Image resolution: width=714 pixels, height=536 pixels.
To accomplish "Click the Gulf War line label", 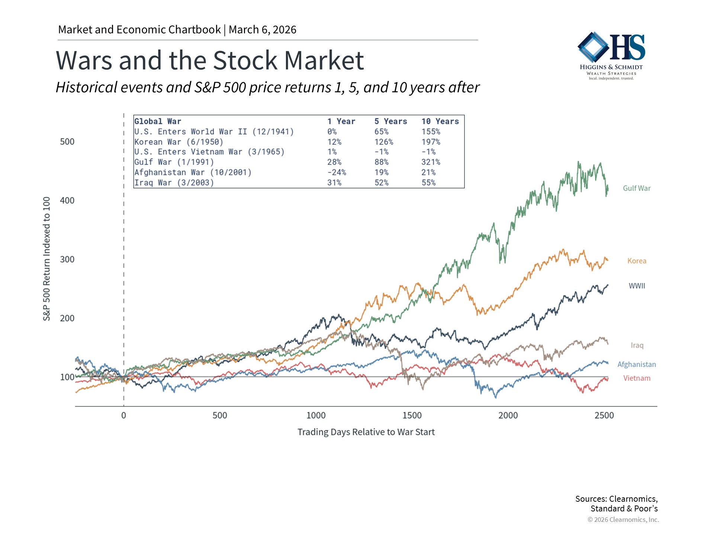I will [x=637, y=188].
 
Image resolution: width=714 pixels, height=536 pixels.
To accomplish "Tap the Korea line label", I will [x=637, y=261].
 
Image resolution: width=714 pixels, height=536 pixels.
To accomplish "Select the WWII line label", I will [x=637, y=286].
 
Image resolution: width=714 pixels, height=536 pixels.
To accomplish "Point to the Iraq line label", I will [x=637, y=345].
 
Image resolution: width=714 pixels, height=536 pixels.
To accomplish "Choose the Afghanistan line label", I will [x=637, y=364].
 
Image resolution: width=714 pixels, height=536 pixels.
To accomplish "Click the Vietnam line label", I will [x=637, y=378].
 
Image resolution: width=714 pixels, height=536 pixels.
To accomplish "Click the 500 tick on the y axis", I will [x=67, y=142].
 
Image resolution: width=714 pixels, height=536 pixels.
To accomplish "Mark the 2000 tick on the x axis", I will [x=508, y=415].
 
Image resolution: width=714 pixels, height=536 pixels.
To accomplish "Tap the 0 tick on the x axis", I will [x=123, y=415].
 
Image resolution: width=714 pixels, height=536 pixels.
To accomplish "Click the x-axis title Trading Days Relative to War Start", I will [x=366, y=432].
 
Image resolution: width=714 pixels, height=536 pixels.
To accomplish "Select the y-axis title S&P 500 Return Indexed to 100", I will [x=46, y=259].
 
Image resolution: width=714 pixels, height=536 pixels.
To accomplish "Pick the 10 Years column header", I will [x=440, y=121].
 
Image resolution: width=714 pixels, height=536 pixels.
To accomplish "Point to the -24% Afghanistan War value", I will [x=337, y=172].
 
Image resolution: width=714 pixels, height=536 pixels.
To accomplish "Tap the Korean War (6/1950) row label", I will [x=179, y=142].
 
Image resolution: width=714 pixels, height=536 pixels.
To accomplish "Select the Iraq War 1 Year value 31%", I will [x=334, y=183].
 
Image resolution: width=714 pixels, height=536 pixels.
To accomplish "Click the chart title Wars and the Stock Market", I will [x=210, y=60].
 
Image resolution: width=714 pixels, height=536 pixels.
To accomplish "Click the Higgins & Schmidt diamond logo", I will [x=594, y=47].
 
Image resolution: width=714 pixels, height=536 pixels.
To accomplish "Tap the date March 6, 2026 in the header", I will [x=263, y=30].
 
